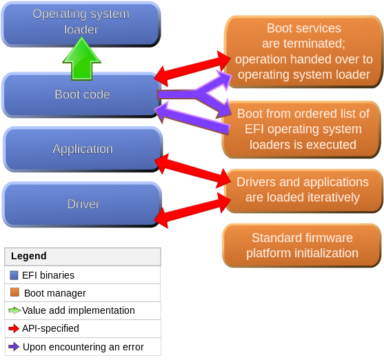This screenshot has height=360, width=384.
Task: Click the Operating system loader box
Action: tap(81, 22)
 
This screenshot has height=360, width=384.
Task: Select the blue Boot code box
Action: tap(81, 94)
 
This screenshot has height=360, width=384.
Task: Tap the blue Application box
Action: tap(82, 149)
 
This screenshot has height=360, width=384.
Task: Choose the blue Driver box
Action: tap(82, 204)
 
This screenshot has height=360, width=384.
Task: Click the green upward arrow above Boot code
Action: tap(82, 59)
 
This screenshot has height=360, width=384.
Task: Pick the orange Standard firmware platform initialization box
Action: tap(302, 246)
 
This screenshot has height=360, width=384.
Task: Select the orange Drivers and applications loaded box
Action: tap(303, 190)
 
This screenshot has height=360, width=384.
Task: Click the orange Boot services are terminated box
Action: tap(303, 52)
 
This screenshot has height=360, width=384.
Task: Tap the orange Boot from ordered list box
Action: tap(303, 129)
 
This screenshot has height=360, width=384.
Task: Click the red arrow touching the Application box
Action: tap(192, 171)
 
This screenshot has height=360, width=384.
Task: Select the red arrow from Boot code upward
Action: tap(192, 65)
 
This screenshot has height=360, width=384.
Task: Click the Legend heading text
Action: tap(29, 256)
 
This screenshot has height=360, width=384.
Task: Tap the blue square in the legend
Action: tap(14, 274)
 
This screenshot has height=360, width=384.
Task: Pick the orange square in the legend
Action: tap(14, 292)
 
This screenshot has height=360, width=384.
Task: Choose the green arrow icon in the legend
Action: tap(14, 310)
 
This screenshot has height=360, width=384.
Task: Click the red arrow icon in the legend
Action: tap(14, 328)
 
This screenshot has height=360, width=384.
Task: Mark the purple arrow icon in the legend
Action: tap(14, 346)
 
